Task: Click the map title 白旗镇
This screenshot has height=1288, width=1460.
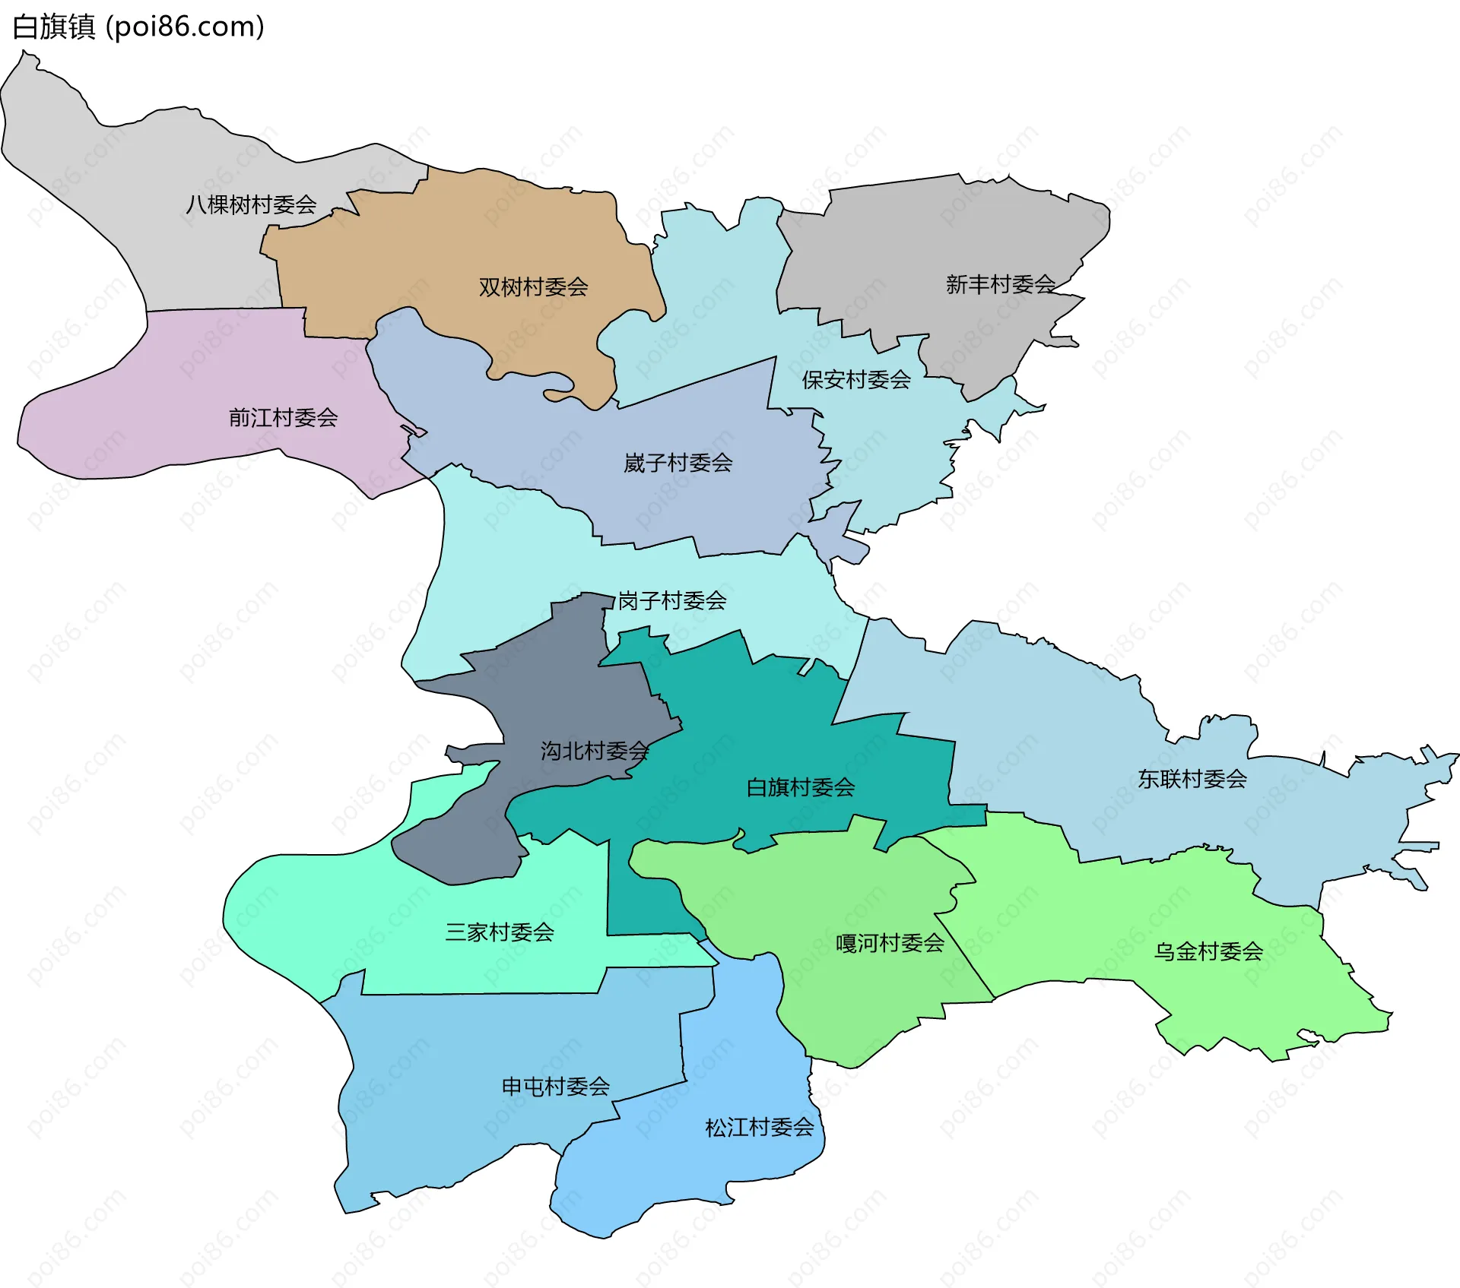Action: [53, 27]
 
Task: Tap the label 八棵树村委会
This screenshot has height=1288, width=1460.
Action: [251, 204]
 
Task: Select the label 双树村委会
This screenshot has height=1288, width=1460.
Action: [533, 287]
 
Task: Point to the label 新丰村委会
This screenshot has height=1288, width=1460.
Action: [1000, 285]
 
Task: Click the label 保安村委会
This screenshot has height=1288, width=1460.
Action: [856, 380]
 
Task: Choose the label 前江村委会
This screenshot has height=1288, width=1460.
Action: [283, 418]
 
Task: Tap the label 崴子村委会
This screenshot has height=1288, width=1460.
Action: [678, 463]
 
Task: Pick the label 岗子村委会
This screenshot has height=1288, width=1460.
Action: [671, 601]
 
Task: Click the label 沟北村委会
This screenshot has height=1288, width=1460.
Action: [594, 752]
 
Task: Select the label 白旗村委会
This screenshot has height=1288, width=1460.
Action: [800, 787]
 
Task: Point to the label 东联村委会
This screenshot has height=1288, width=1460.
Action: [1192, 779]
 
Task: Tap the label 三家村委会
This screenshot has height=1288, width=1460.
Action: [499, 932]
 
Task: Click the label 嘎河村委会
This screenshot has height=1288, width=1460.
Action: [890, 944]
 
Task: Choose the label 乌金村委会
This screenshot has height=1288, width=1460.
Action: [1208, 951]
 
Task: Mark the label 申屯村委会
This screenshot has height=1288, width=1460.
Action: [555, 1087]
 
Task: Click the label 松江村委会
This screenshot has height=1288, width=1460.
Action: [759, 1127]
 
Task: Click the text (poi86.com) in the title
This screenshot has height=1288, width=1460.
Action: [185, 27]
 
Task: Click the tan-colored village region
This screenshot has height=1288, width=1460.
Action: [456, 243]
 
